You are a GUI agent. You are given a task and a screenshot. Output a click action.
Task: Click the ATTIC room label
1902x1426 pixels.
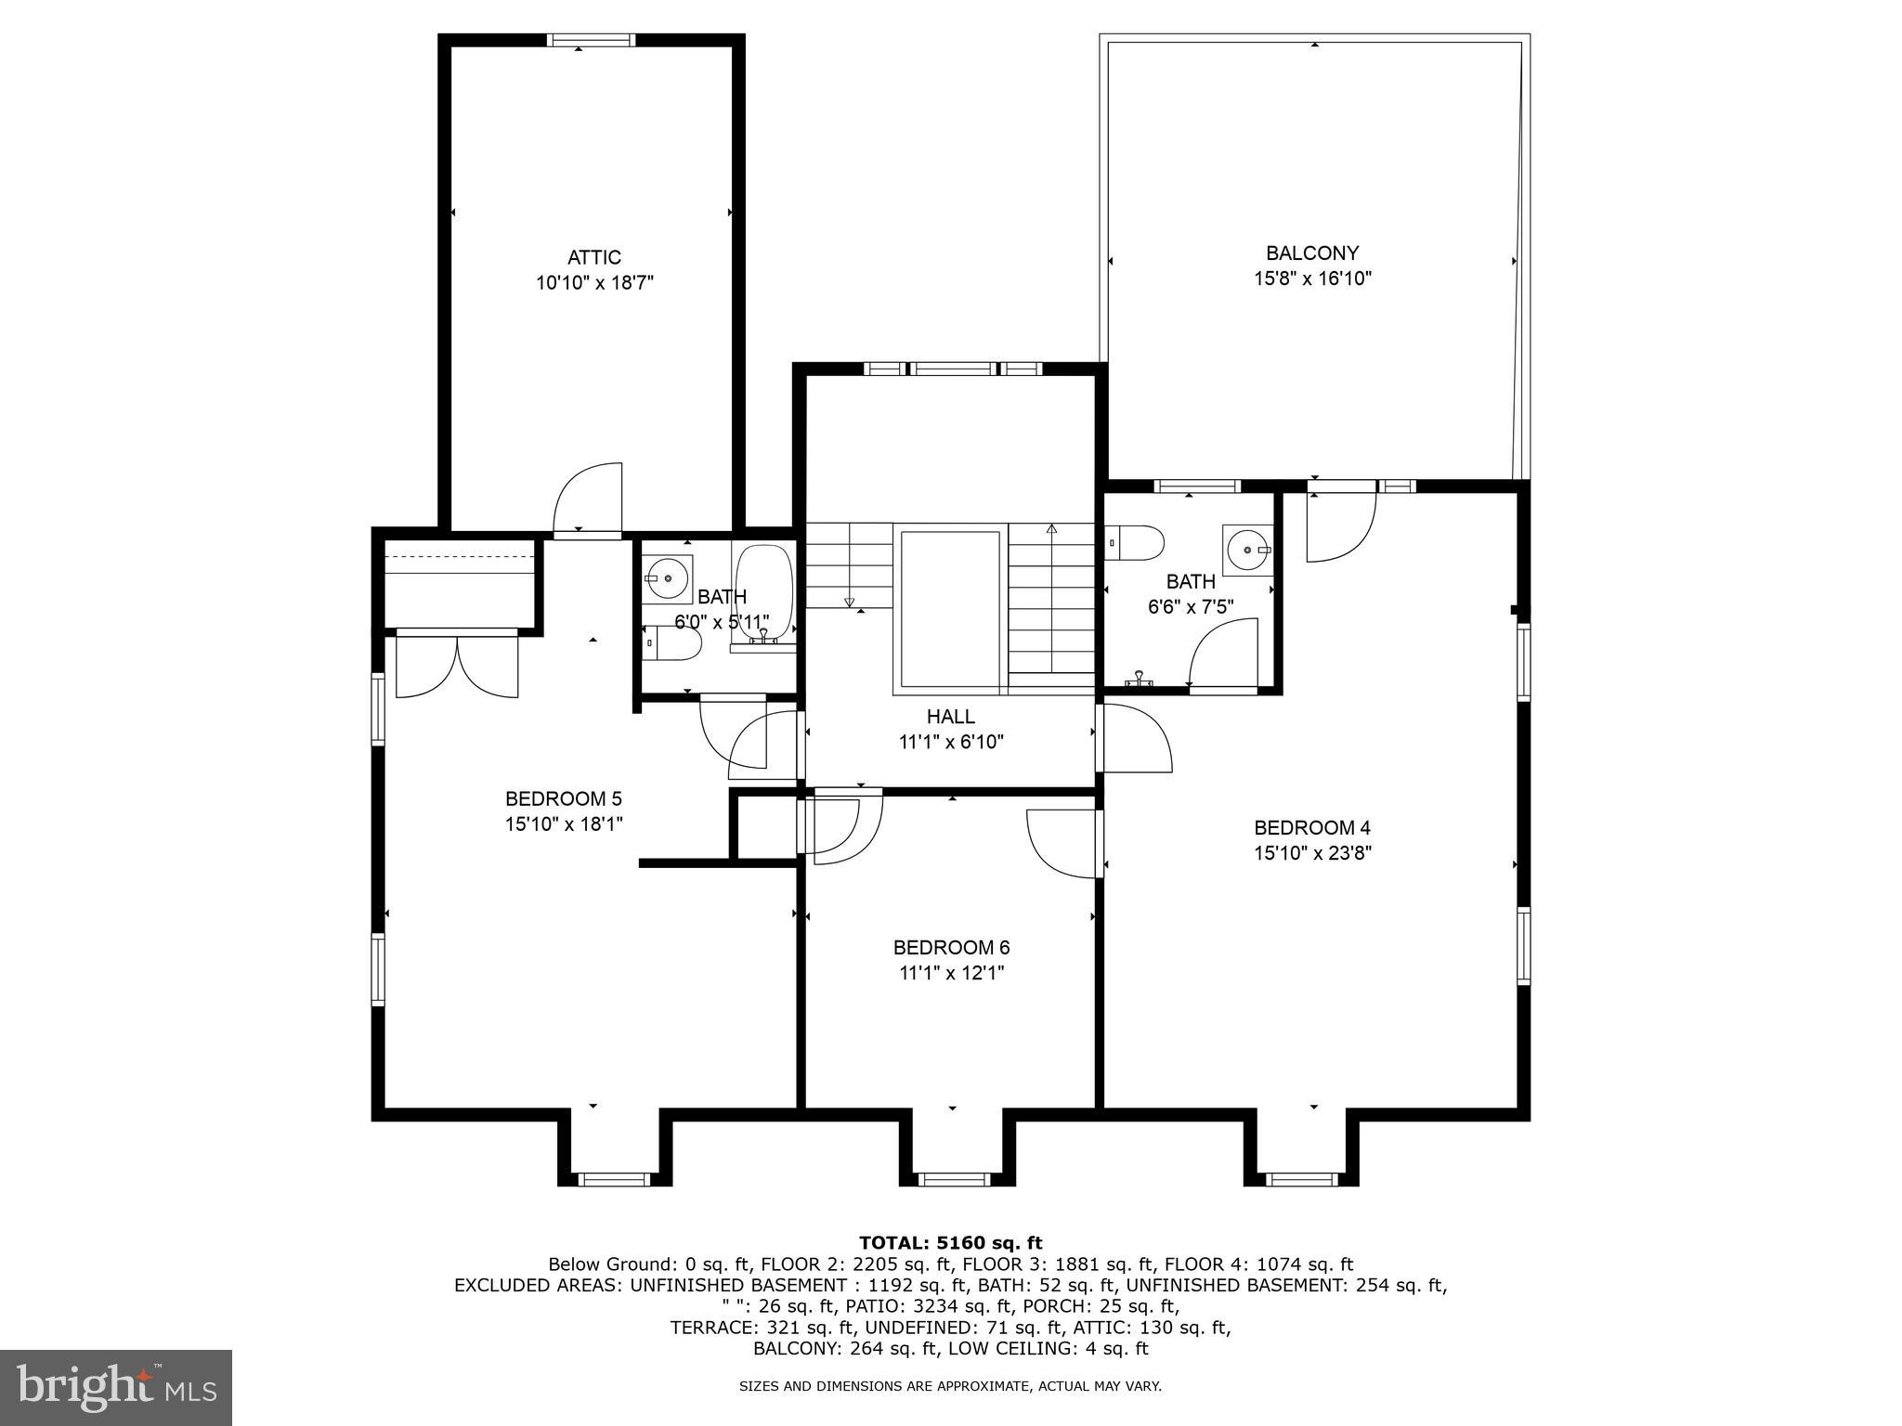(594, 257)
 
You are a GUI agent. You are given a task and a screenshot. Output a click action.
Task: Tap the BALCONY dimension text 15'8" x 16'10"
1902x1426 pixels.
(1312, 279)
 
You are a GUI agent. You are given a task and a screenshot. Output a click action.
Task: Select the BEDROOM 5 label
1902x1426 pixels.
(563, 798)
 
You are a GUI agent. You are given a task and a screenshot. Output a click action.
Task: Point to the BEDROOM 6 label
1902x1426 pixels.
(951, 948)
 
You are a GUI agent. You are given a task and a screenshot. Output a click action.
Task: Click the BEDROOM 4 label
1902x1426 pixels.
(1312, 827)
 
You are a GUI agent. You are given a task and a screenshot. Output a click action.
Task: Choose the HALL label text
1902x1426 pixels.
(951, 717)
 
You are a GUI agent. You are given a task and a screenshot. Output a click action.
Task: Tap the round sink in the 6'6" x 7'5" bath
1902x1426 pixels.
(1245, 550)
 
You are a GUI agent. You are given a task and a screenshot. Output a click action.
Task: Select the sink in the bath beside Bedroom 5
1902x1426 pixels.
(668, 577)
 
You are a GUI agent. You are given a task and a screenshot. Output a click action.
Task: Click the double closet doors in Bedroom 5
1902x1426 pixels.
(457, 664)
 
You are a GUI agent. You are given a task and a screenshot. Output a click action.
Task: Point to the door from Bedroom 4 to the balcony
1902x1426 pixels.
(1340, 525)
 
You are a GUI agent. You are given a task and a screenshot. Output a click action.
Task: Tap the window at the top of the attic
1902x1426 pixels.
(591, 40)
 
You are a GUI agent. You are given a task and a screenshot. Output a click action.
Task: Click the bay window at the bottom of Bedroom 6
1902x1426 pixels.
(955, 1179)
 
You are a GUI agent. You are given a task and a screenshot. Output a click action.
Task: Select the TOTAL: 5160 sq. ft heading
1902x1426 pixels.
(950, 1243)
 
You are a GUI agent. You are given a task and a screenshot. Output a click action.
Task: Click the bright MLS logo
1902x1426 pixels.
(116, 1387)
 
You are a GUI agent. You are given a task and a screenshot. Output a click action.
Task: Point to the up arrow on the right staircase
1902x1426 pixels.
(1051, 529)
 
